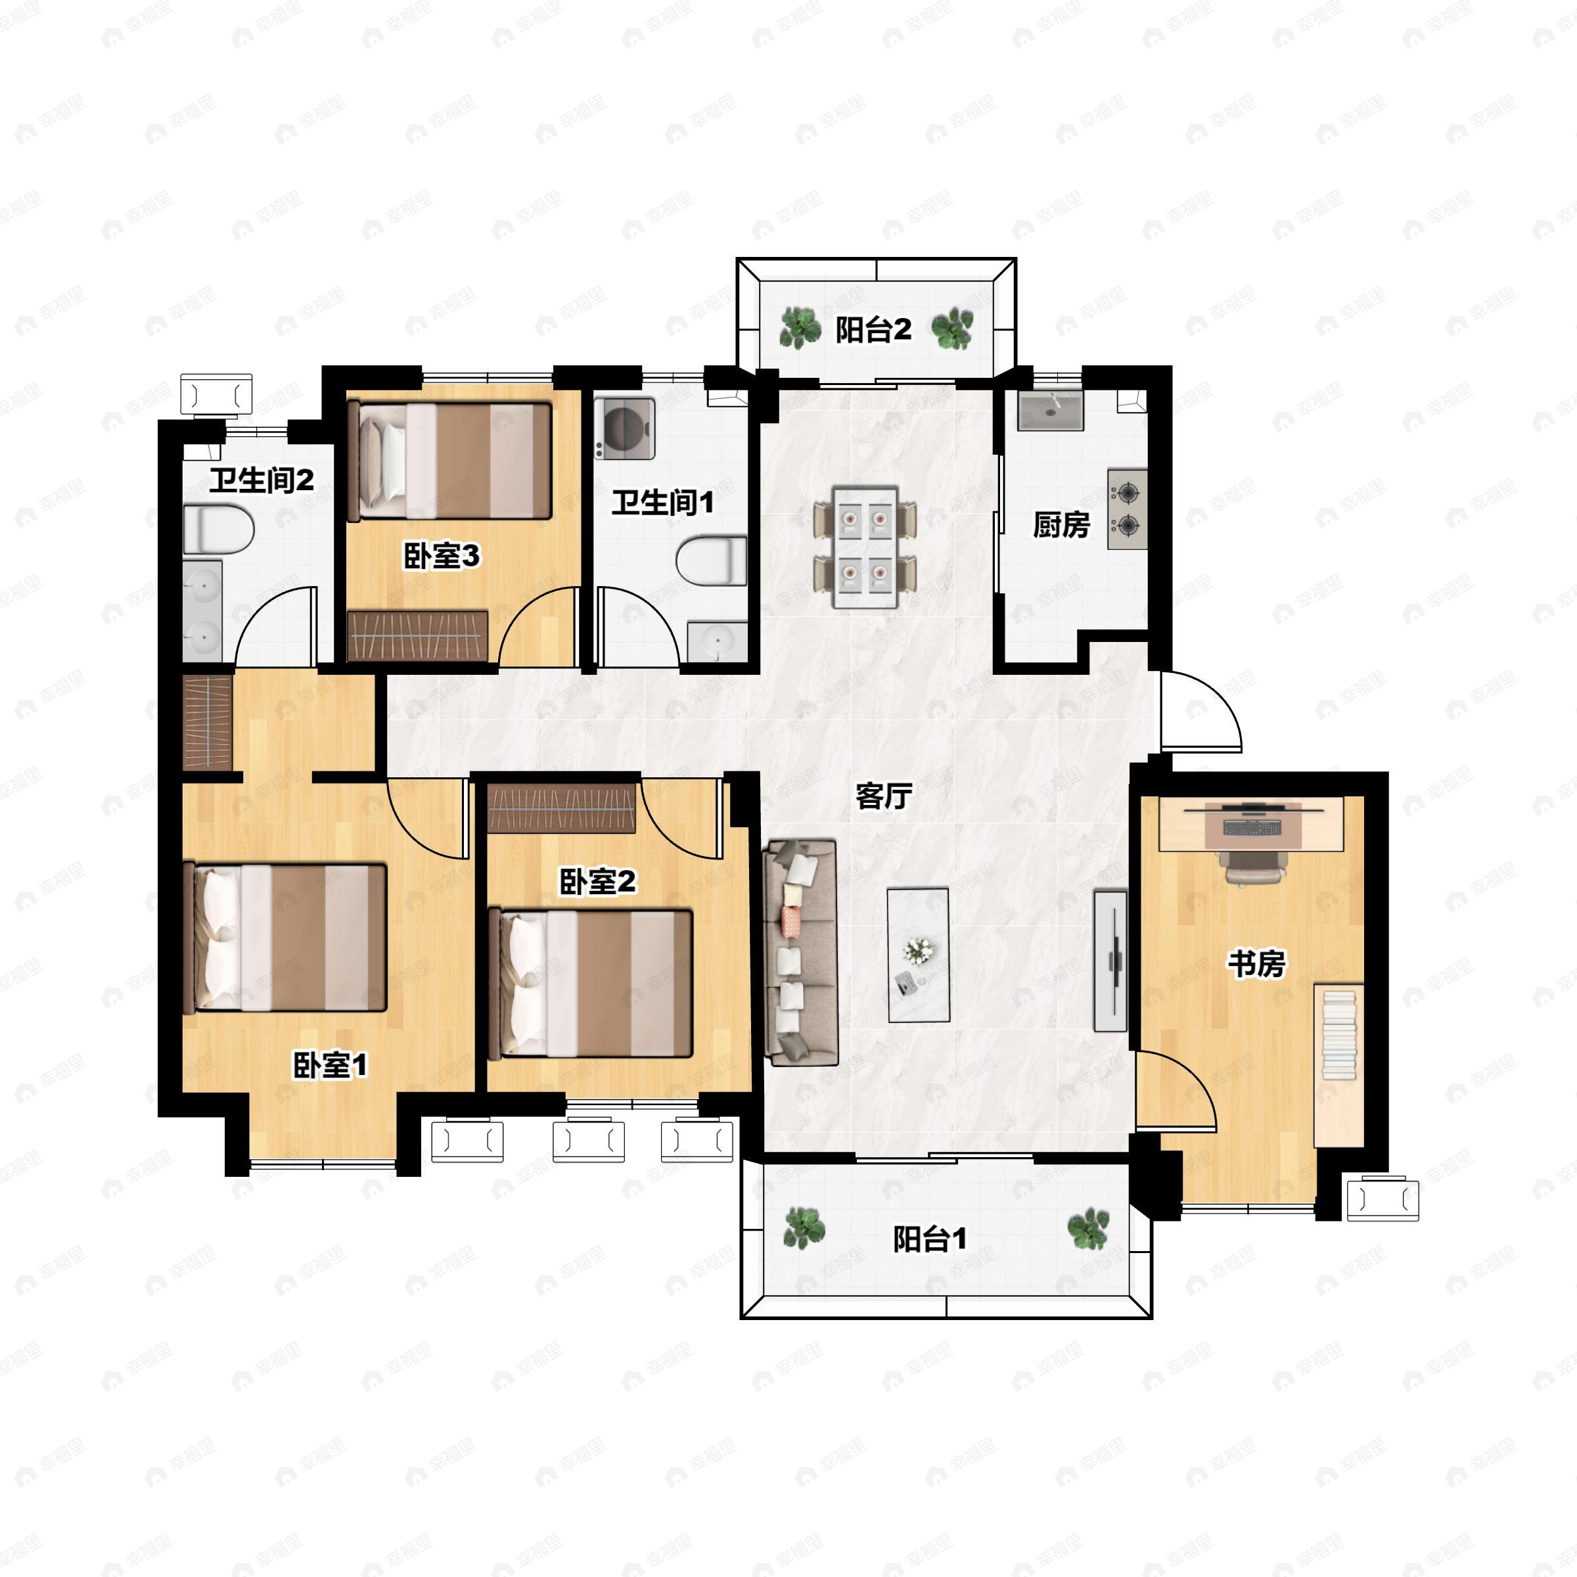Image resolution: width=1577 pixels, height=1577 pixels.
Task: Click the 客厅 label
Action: click(883, 795)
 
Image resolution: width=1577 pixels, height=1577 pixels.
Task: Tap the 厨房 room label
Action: click(1061, 524)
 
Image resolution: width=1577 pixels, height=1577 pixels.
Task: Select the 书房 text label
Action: click(1257, 963)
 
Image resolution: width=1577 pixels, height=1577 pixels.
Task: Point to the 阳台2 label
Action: click(873, 330)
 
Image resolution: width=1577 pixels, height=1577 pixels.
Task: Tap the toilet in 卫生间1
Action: click(712, 560)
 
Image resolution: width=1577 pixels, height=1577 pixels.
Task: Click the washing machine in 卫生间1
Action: click(624, 428)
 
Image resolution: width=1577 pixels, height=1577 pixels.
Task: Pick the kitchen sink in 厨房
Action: click(1050, 411)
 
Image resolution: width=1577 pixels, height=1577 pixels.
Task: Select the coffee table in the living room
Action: click(919, 955)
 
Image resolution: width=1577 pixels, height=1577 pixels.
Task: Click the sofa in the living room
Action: click(801, 953)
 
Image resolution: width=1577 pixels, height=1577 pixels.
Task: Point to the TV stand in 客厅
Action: click(1110, 961)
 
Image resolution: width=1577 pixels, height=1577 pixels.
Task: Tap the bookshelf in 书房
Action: click(1338, 1064)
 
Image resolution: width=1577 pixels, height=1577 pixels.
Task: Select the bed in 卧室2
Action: click(590, 984)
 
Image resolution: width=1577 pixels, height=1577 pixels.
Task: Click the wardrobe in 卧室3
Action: click(417, 635)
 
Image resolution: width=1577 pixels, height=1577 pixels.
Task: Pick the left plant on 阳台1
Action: click(804, 1229)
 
